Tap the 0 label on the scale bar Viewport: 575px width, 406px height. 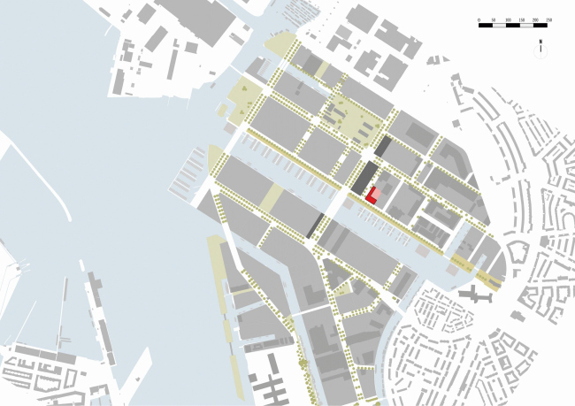tap(479, 19)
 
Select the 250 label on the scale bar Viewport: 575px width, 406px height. tap(549, 19)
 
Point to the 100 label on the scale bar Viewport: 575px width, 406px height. tap(507, 19)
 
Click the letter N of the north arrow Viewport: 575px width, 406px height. tap(539, 42)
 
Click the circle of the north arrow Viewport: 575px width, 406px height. tap(539, 51)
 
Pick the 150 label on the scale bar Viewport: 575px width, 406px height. tap(521, 19)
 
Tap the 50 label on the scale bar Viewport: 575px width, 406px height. tap(493, 19)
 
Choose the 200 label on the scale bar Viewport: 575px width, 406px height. tap(535, 19)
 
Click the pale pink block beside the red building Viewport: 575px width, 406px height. tap(376, 192)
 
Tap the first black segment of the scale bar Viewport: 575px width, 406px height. tap(486, 26)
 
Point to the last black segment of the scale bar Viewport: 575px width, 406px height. tap(542, 26)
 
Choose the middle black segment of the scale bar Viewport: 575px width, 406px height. tap(514, 26)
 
